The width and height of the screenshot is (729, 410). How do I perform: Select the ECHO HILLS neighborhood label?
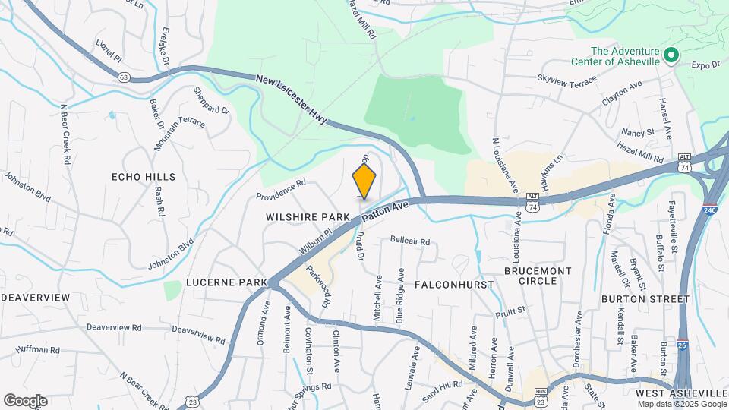(x=144, y=177)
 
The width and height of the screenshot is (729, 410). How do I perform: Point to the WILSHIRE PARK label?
(x=308, y=217)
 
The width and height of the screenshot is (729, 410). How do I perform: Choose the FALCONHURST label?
(x=454, y=284)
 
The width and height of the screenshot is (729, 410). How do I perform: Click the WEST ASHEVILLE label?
(x=680, y=393)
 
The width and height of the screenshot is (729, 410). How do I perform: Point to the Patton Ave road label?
(x=385, y=212)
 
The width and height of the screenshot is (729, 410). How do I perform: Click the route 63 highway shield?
(x=124, y=76)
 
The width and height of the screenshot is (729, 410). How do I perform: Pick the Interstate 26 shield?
(x=683, y=346)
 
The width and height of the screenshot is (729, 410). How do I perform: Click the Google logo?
(x=25, y=400)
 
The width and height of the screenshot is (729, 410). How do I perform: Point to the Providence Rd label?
(x=280, y=189)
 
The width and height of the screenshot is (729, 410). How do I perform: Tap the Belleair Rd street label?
(x=410, y=241)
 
